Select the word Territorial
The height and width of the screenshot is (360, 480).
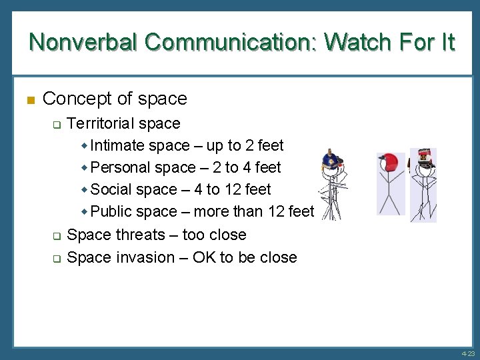100,123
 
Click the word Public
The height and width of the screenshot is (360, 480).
111,211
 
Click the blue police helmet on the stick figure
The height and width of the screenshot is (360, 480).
331,160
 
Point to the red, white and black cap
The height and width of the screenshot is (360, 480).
423,157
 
